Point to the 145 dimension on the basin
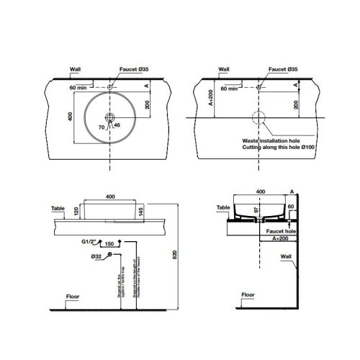(143, 210)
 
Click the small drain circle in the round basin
(110, 117)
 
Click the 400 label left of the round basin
(71, 117)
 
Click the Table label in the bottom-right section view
(224, 207)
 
